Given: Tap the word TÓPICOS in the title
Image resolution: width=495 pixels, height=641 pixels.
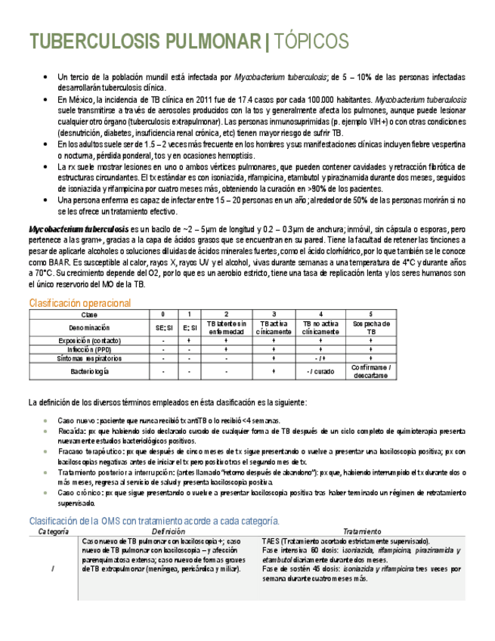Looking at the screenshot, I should tap(311, 41).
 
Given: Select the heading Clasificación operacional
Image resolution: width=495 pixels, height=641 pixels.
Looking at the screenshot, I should tap(79, 303).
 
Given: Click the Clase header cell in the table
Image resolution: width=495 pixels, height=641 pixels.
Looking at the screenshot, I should tap(89, 314).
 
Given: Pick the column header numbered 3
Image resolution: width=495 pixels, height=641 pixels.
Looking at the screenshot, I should tap(273, 314).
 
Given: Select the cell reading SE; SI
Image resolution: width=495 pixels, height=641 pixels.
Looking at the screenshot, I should tap(163, 328).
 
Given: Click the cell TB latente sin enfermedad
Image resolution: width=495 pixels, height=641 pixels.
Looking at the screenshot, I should tap(227, 328).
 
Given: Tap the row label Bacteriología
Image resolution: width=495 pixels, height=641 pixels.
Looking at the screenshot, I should tap(89, 372).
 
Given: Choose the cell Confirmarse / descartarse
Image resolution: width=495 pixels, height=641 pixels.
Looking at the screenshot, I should tap(370, 372).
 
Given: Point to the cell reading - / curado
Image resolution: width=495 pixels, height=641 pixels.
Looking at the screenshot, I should tap(320, 372).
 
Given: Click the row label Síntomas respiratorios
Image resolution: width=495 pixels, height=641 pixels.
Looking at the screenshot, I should tap(89, 358).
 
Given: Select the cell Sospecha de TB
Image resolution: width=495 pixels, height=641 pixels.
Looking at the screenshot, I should tap(370, 328).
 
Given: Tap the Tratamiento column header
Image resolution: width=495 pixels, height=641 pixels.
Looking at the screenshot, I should tap(364, 531).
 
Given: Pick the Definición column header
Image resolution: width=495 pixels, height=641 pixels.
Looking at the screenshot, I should tap(172, 531).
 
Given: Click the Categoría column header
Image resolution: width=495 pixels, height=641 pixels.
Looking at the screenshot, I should tap(53, 531).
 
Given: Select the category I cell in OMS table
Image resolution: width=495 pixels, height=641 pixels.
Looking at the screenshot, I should tap(53, 569).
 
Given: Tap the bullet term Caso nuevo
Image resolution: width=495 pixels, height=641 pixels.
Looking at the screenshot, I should tap(76, 420).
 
